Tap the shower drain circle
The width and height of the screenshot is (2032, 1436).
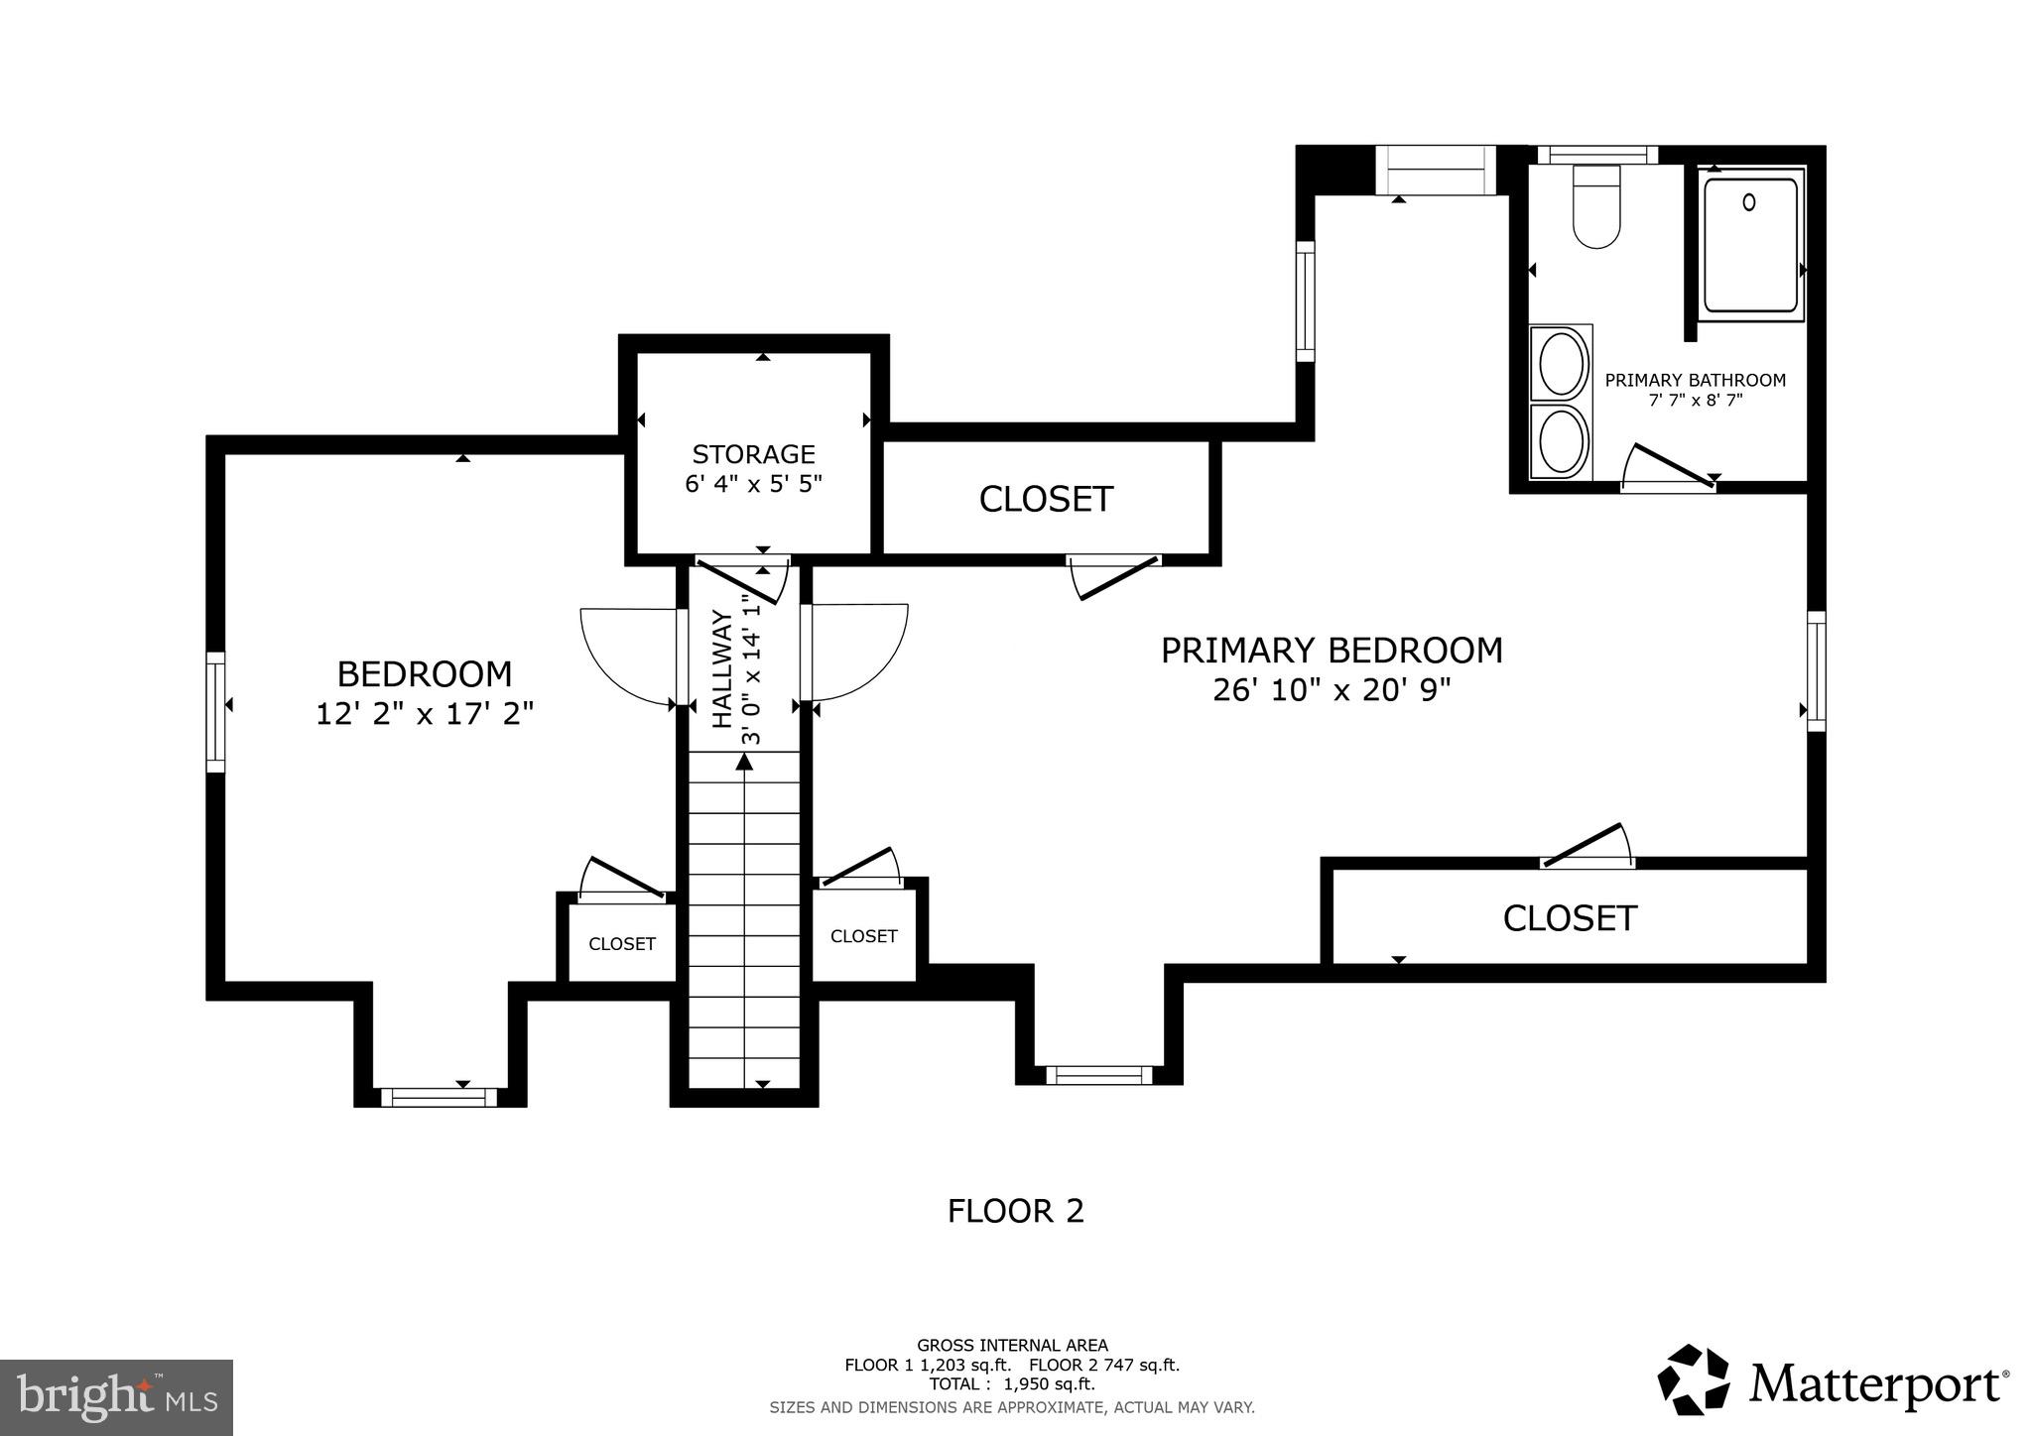(1749, 202)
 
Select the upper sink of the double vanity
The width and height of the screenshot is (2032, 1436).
(1561, 363)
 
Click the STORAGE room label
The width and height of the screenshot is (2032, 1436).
(753, 454)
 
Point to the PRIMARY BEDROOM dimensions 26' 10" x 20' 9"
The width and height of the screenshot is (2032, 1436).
(1332, 690)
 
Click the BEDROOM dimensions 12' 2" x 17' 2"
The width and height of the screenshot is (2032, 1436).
(425, 714)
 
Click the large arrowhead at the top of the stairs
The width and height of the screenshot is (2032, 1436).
(745, 761)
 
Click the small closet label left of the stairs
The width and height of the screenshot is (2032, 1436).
(622, 944)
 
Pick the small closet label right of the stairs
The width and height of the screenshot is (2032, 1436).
(863, 936)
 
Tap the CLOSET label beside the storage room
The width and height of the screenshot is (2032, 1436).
(1046, 499)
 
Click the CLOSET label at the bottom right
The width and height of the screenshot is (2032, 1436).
(1569, 918)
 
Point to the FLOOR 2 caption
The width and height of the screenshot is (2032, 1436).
(1015, 1211)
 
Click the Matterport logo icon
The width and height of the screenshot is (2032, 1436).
(1693, 1380)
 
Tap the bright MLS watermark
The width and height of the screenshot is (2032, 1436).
(116, 1397)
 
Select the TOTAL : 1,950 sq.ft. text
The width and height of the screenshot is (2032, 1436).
(1012, 1384)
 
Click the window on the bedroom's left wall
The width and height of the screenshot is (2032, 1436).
(215, 711)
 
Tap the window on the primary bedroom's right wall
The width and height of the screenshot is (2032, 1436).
(1816, 671)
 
